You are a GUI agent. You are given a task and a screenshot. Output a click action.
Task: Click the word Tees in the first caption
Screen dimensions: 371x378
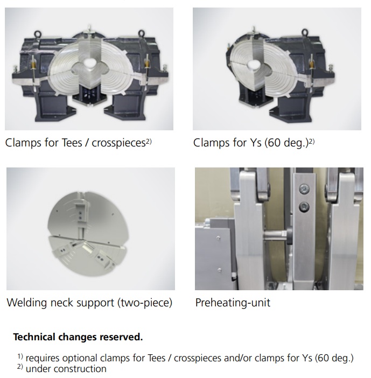tap(72, 143)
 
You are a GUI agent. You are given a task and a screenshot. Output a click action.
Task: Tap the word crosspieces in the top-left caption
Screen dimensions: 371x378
tap(118, 143)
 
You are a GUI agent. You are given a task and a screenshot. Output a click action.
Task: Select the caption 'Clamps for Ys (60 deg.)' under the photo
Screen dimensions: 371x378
tap(251, 143)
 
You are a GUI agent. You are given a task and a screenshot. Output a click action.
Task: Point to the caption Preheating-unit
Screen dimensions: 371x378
tap(233, 303)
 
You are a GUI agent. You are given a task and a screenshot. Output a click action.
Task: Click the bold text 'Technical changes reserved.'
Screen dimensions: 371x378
tap(78, 337)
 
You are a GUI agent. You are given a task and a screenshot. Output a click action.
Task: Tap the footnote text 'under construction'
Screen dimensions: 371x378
tap(66, 369)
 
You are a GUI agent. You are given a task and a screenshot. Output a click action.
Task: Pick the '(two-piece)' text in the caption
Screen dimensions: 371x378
tap(145, 303)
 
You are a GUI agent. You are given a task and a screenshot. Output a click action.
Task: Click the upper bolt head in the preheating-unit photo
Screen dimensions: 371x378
tap(304, 189)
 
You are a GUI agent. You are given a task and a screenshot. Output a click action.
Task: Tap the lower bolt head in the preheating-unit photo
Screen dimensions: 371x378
tap(304, 207)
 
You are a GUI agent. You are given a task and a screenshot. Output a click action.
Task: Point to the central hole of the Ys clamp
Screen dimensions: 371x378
tap(253, 65)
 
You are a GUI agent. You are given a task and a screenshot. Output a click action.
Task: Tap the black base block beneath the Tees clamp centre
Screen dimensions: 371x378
tap(89, 95)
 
